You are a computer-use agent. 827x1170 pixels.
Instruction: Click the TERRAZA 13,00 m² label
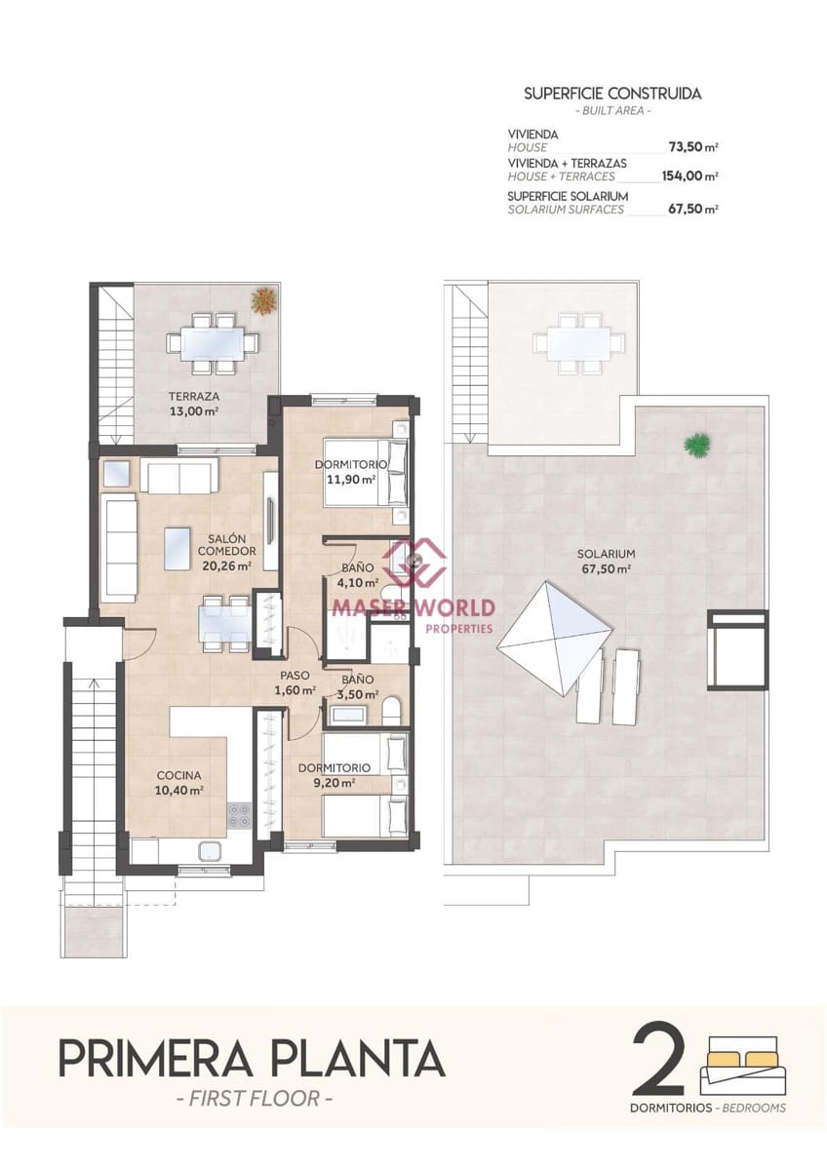[193, 404]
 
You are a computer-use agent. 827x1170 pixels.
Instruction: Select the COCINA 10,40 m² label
[179, 783]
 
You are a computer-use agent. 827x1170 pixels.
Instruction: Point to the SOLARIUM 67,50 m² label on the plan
[606, 561]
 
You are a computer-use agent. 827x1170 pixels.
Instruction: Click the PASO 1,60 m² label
[295, 682]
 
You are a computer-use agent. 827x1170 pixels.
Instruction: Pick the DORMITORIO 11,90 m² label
[350, 472]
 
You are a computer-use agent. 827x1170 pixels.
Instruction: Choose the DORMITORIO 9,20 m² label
[334, 775]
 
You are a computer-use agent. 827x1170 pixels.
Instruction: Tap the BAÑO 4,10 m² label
[358, 574]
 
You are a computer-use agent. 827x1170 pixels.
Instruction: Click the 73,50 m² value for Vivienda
[693, 147]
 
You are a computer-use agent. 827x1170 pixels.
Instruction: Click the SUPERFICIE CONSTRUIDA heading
[612, 94]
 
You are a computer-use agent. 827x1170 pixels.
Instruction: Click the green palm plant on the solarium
[698, 445]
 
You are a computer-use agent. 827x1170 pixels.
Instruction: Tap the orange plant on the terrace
[263, 300]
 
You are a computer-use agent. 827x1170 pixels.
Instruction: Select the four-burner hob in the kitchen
[240, 815]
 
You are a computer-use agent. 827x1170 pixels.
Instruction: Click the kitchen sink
[211, 851]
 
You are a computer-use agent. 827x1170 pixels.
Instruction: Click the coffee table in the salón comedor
[177, 548]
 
